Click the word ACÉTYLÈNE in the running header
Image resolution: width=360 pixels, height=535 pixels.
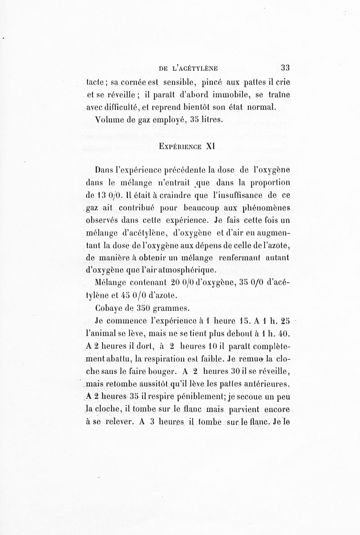(x=192, y=69)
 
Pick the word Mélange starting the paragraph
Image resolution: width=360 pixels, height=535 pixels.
(x=112, y=283)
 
